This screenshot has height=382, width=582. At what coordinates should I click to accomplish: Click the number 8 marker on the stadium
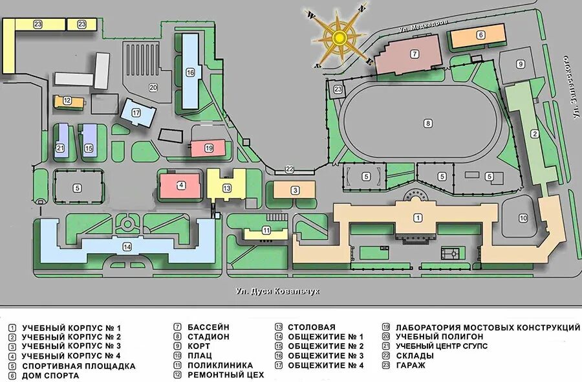[x=427, y=122]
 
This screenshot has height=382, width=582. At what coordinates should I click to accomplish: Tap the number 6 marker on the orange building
[x=481, y=35]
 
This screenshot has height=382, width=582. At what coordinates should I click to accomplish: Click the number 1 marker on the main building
[x=418, y=218]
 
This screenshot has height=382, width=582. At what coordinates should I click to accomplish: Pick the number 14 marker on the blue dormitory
[x=127, y=247]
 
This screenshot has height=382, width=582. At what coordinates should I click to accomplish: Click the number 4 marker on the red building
[x=182, y=185]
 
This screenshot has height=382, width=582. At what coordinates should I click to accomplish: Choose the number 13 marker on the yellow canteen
[x=227, y=188]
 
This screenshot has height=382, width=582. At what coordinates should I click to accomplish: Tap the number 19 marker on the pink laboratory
[x=208, y=148]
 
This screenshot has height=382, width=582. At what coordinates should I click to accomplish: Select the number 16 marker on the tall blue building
[x=190, y=73]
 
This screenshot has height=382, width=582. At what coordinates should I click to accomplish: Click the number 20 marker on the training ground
[x=153, y=87]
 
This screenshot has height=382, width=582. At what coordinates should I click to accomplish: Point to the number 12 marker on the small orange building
[x=67, y=100]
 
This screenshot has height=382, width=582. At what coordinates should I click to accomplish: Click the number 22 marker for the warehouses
[x=290, y=170]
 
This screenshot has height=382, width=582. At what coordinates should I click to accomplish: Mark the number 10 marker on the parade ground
[x=523, y=218]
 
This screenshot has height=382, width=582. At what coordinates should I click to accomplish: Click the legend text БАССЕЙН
[x=208, y=328]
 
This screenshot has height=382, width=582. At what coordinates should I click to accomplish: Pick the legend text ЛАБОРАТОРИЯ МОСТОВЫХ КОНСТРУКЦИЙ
[x=488, y=328]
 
